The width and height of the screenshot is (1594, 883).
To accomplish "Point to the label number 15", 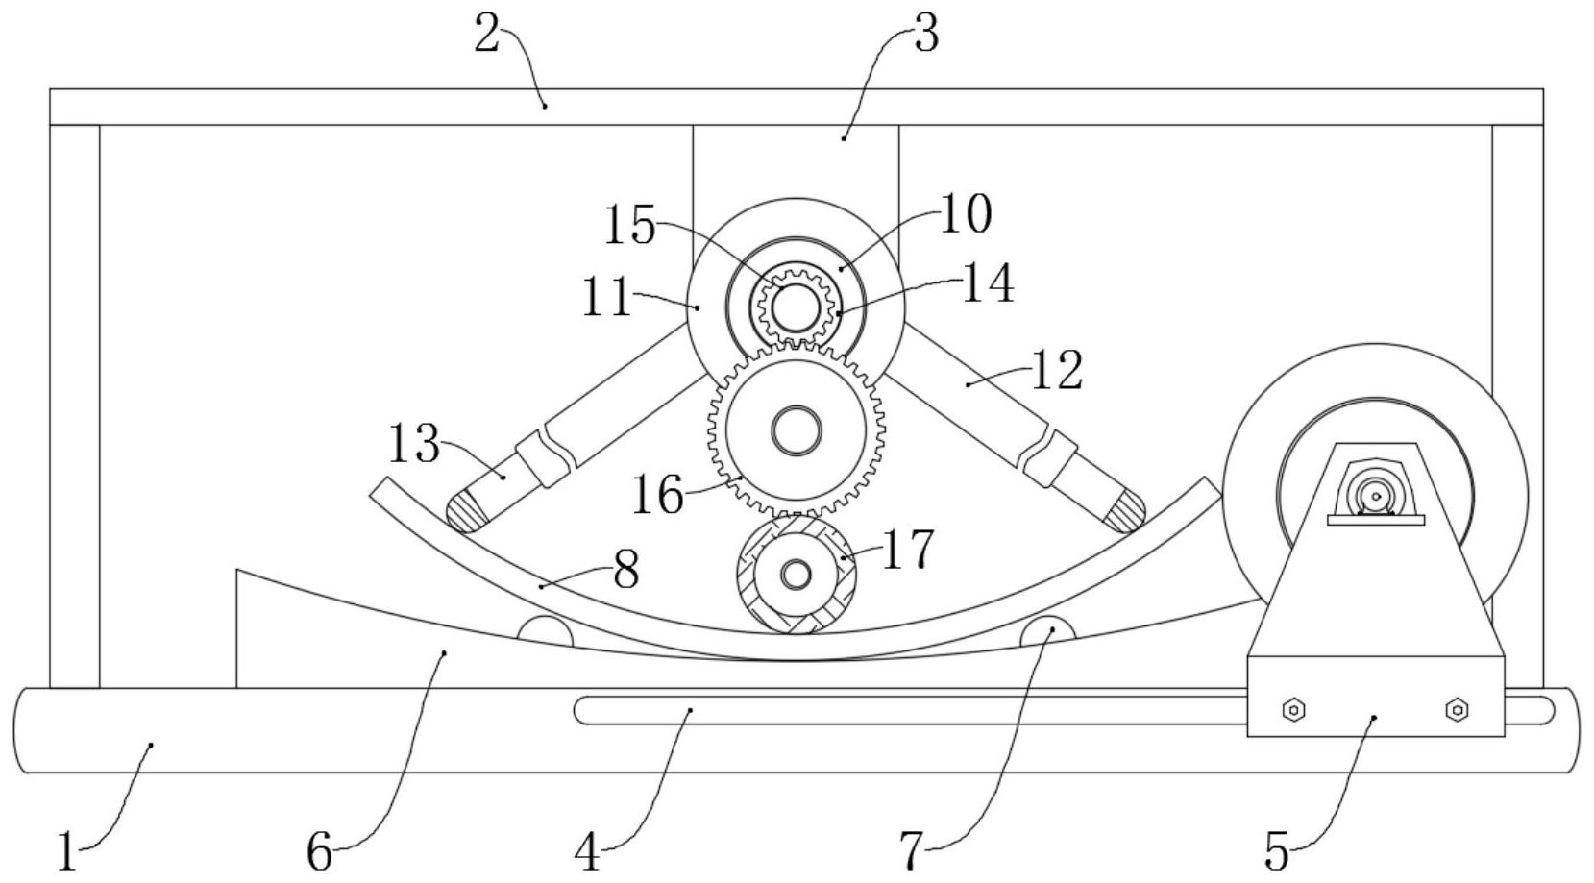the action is click(629, 226).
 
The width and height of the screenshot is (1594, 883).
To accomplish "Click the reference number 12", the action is click(1056, 370).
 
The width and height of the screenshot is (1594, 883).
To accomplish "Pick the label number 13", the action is click(414, 445).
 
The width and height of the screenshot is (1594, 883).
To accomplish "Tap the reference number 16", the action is click(657, 496).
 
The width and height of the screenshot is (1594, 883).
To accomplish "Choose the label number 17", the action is click(906, 550).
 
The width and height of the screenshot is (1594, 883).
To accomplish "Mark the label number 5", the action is click(1276, 850).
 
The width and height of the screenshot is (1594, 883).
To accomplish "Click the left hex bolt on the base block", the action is click(1293, 710).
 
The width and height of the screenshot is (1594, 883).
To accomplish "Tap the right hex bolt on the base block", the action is click(1457, 710).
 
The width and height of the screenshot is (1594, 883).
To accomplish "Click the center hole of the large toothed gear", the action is click(796, 430).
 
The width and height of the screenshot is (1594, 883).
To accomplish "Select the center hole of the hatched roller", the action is click(795, 575).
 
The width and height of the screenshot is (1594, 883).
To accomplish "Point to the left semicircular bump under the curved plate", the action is click(545, 632).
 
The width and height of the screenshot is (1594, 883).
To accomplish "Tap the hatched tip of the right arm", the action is click(1123, 509).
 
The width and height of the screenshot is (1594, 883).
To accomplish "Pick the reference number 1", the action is click(65, 851).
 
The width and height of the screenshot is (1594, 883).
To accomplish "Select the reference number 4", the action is click(587, 851).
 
